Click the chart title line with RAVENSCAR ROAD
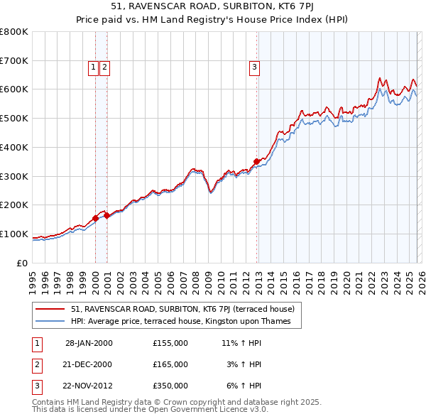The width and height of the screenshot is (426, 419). [x=213, y=8]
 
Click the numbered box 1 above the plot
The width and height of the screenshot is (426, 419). [x=93, y=67]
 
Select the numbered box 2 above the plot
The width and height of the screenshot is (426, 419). [x=104, y=67]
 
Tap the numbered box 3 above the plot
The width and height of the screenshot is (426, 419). [x=254, y=67]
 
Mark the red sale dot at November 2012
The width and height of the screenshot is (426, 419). [x=257, y=161]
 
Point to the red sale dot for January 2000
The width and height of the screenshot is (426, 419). [x=96, y=218]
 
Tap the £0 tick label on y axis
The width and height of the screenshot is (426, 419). [x=21, y=263]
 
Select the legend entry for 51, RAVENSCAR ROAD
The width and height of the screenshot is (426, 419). [x=186, y=309]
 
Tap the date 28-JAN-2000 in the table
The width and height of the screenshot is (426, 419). [x=89, y=343]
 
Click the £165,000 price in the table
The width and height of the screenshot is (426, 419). [x=170, y=364]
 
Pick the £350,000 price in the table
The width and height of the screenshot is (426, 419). [x=170, y=386]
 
